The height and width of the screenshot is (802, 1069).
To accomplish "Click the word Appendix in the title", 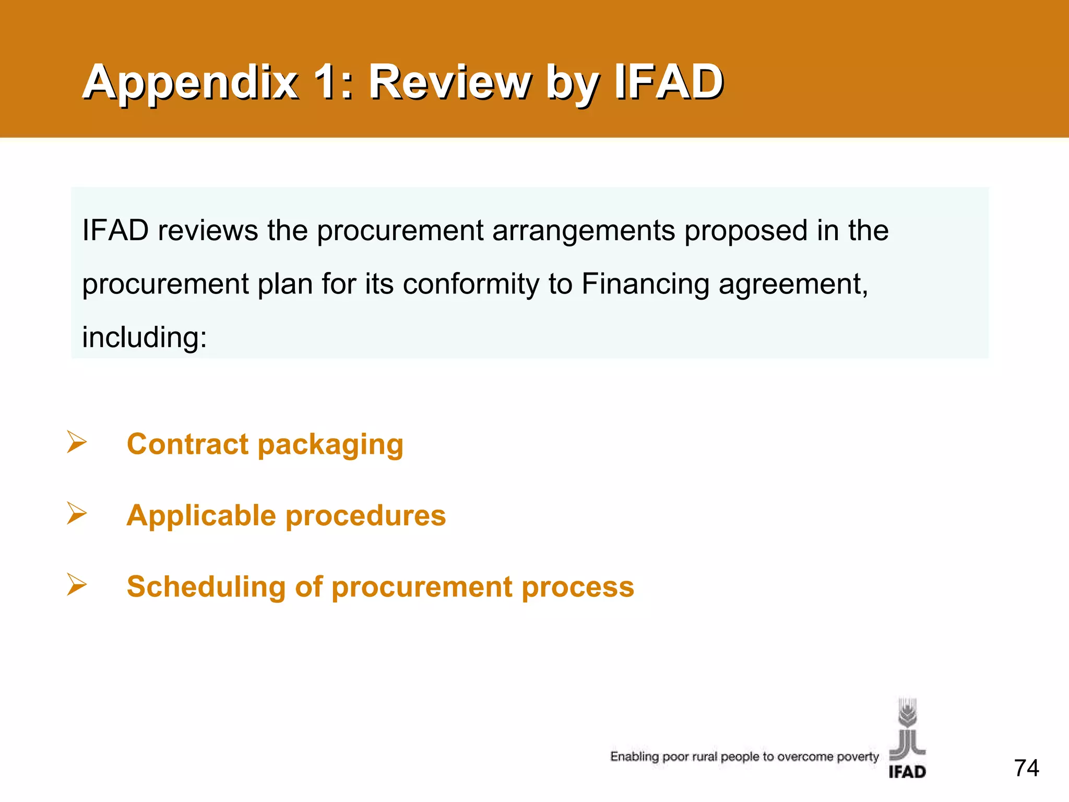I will (191, 82).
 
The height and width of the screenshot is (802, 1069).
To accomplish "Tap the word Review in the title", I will (449, 82).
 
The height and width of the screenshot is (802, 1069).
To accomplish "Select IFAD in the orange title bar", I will (669, 82).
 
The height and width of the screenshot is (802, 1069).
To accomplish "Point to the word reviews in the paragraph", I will (208, 230).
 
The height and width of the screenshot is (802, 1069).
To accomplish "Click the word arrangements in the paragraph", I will (584, 230).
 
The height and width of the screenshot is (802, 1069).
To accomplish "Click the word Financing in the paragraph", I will (645, 285).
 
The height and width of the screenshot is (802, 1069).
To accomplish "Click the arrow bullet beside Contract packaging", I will (77, 442).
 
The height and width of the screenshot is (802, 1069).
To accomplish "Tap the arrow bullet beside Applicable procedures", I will (77, 513).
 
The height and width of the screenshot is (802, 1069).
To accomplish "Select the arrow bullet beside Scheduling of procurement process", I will (77, 584).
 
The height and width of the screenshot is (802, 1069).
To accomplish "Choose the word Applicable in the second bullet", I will (201, 516).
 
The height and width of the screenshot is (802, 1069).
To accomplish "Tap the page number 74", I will (1026, 768).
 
